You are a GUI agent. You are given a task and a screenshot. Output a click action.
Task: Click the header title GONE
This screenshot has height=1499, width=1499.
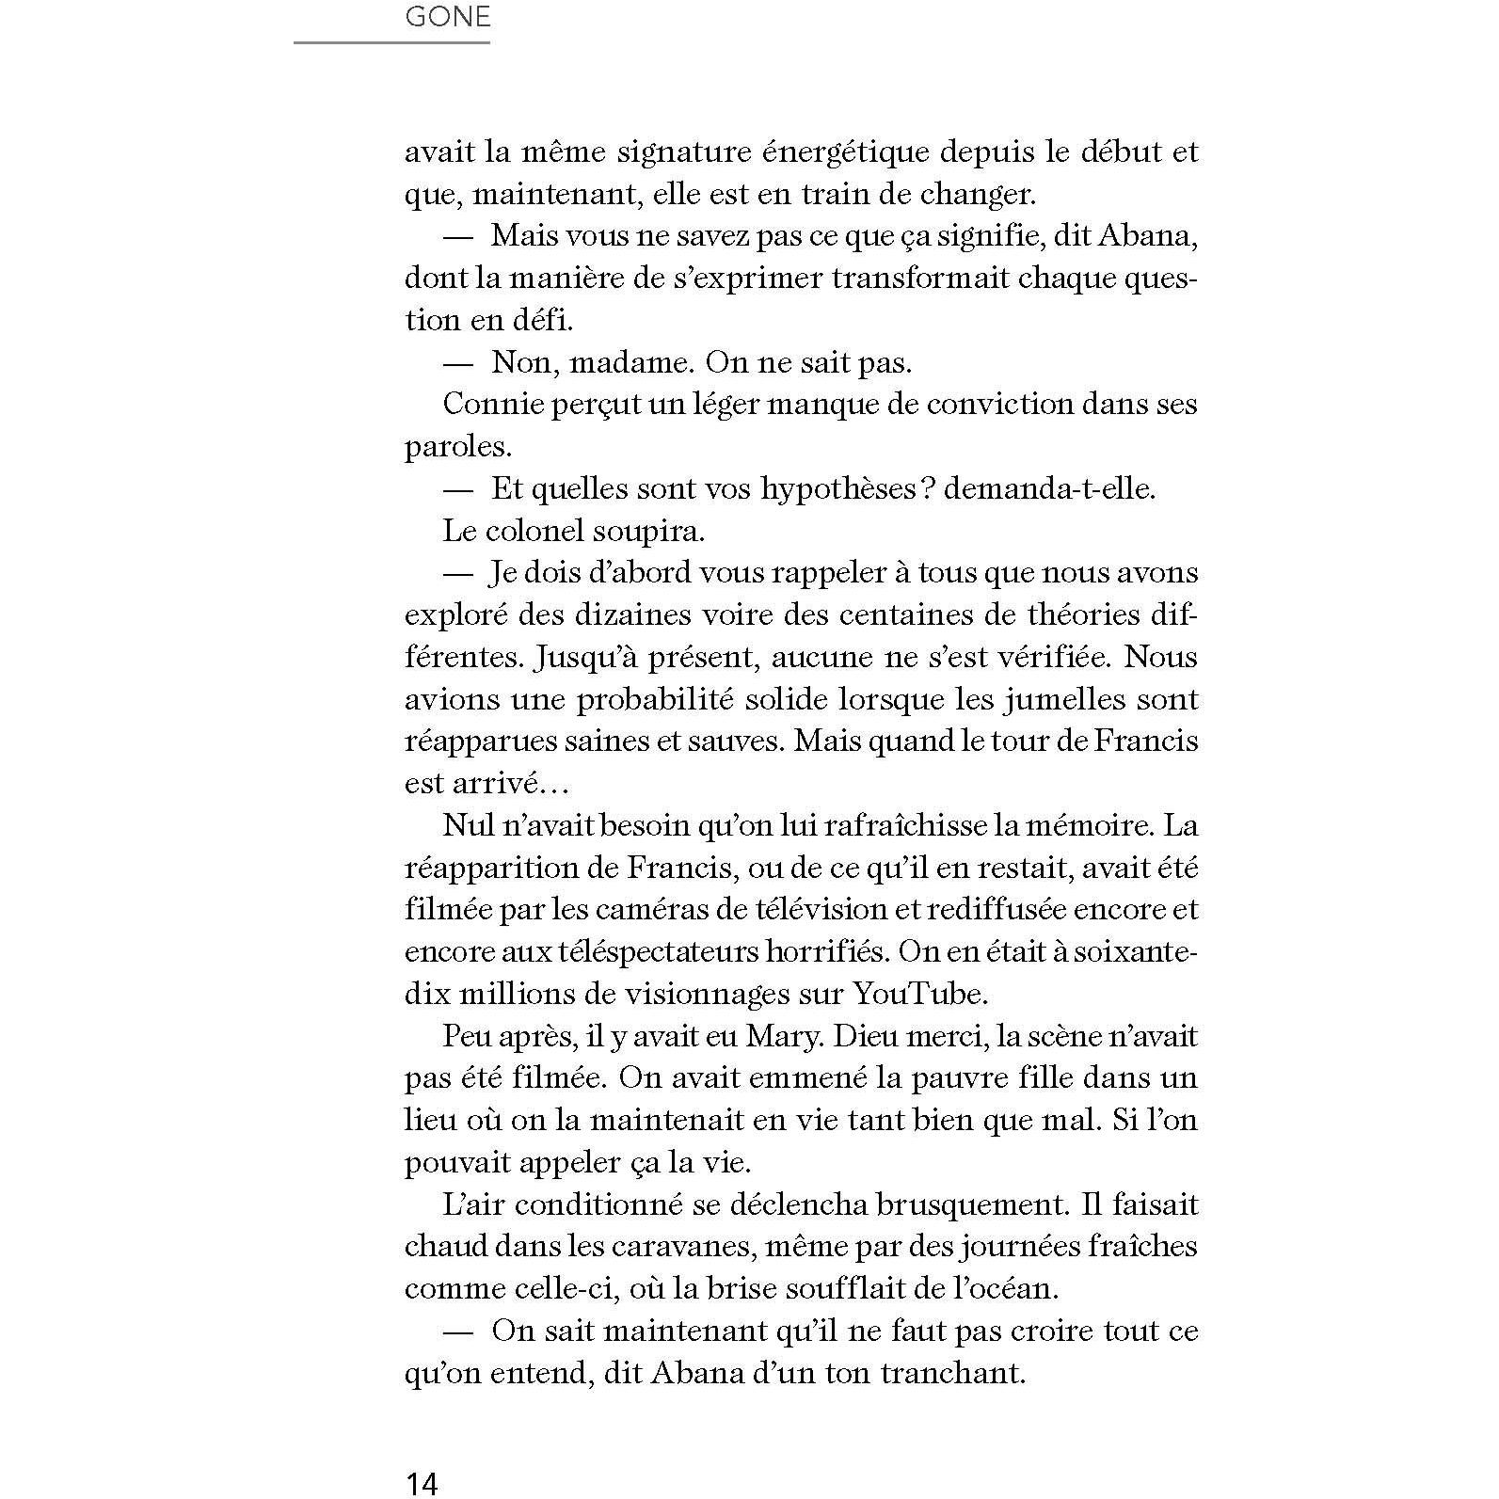(447, 17)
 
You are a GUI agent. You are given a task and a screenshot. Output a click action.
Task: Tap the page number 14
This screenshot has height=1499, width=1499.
(422, 1483)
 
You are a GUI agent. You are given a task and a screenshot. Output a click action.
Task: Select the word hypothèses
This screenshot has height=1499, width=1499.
(837, 488)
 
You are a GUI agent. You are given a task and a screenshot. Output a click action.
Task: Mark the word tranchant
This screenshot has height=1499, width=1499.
(951, 1373)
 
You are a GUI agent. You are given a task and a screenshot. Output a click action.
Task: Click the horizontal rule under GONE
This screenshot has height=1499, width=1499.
(391, 42)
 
